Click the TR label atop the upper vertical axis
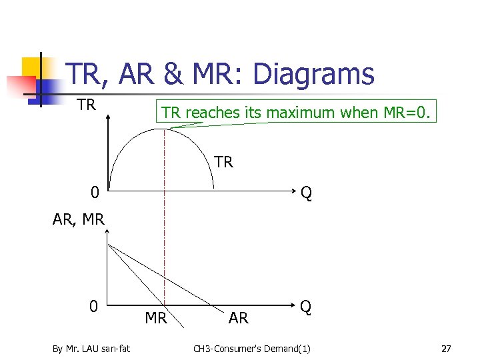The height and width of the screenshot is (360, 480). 86,105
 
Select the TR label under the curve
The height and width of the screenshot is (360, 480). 223,162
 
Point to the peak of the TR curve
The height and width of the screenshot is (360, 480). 163,129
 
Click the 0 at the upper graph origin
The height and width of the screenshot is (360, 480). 95,193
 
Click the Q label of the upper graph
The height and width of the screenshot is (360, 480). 306,193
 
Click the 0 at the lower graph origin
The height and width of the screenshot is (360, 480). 95,307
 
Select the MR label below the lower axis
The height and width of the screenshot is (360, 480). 156,318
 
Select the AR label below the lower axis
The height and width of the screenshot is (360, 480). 239,318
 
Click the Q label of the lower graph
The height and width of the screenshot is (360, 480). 305,307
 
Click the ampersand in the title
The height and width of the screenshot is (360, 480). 173,74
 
